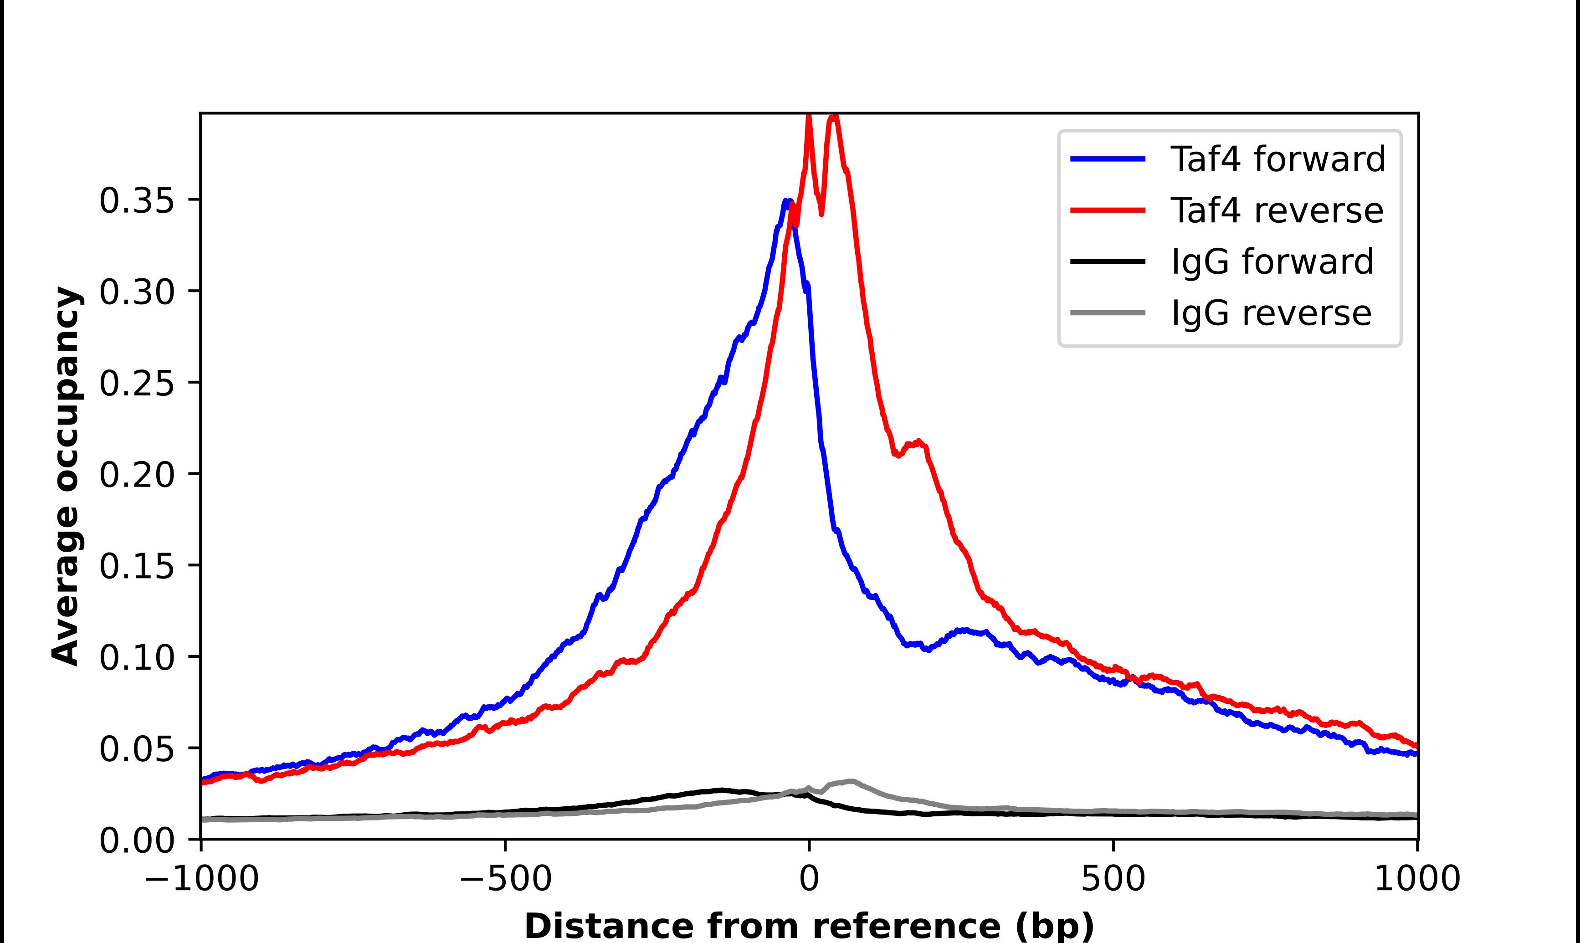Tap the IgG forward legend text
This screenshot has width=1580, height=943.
[1272, 262]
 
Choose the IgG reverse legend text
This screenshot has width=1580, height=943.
[1271, 313]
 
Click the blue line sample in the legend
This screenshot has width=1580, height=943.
[1108, 159]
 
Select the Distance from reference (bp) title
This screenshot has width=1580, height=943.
[809, 926]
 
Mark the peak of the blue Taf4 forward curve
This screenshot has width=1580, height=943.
[786, 201]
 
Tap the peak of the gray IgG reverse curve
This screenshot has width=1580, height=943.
[850, 781]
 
